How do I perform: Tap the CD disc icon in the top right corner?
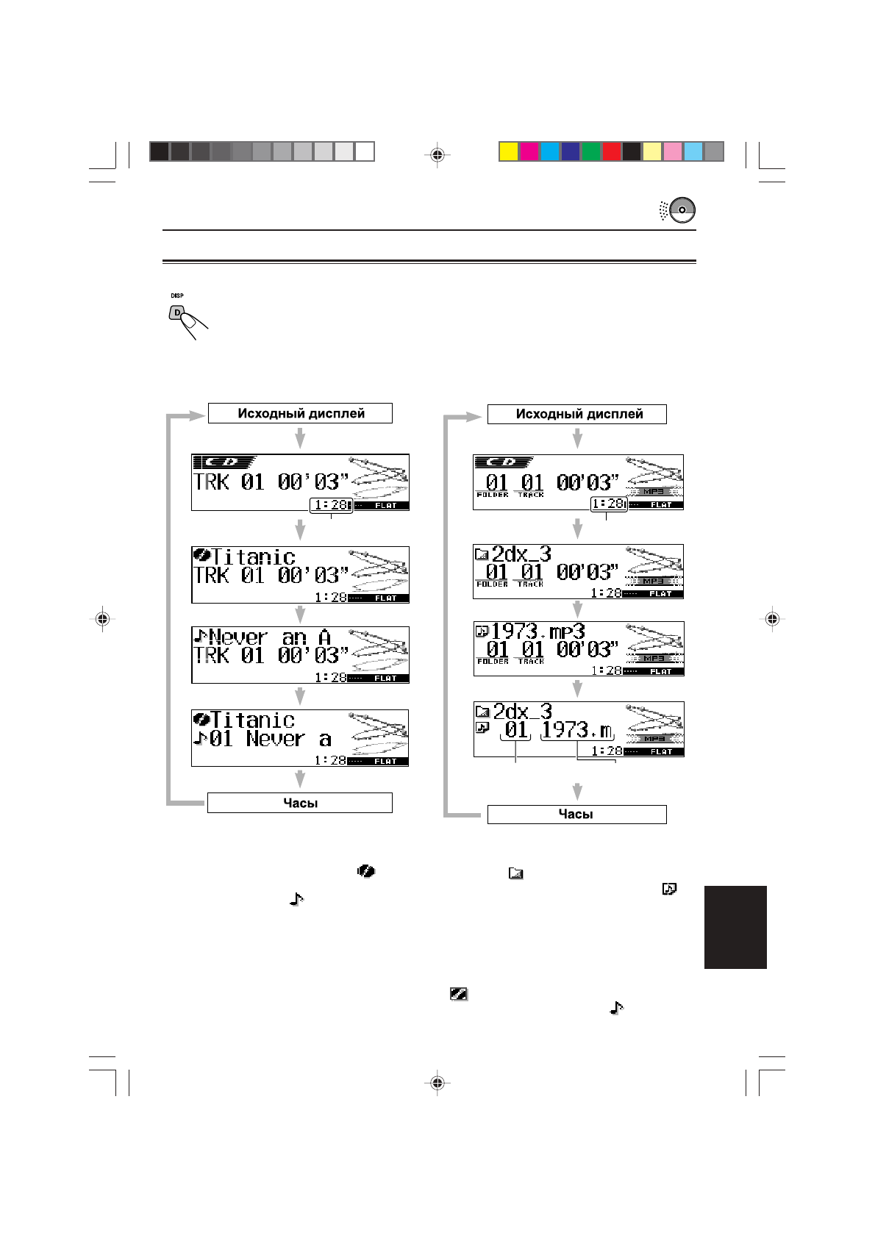[682, 210]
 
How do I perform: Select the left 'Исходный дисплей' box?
[300, 413]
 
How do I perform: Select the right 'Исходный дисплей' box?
[577, 414]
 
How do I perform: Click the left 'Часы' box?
[300, 803]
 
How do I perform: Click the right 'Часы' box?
[577, 815]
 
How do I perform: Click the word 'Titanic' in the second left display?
[254, 557]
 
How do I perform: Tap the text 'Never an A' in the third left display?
[270, 637]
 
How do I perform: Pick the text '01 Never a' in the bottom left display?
[271, 739]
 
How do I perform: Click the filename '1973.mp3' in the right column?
[537, 631]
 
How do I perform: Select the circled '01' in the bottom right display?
[516, 731]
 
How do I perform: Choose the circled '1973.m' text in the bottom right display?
[577, 731]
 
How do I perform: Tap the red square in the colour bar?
[611, 151]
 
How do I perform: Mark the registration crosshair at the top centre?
[438, 154]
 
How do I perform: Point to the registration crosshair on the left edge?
[103, 619]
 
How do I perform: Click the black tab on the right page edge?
[735, 927]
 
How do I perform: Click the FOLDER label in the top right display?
[493, 495]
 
